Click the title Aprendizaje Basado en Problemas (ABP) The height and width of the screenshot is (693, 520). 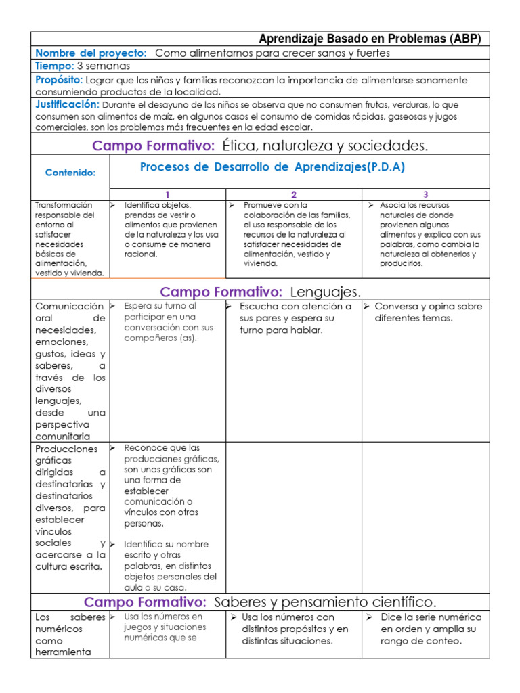(x=370, y=39)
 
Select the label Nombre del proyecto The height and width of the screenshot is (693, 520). (x=91, y=53)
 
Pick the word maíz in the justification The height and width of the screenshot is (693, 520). (x=171, y=116)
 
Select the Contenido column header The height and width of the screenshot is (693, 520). (x=70, y=173)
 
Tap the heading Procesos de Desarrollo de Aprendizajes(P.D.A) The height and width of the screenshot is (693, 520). (x=272, y=167)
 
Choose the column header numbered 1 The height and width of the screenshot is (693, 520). (x=167, y=194)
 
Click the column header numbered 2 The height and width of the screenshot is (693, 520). (x=294, y=194)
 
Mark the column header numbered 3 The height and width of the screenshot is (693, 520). (x=426, y=194)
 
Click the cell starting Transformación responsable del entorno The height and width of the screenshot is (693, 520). (x=69, y=238)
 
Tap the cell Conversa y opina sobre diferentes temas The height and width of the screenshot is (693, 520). (x=428, y=312)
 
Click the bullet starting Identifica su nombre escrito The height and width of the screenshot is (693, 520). (x=169, y=566)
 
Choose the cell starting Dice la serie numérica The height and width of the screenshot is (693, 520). (x=431, y=629)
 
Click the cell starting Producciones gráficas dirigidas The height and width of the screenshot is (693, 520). (x=70, y=508)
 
